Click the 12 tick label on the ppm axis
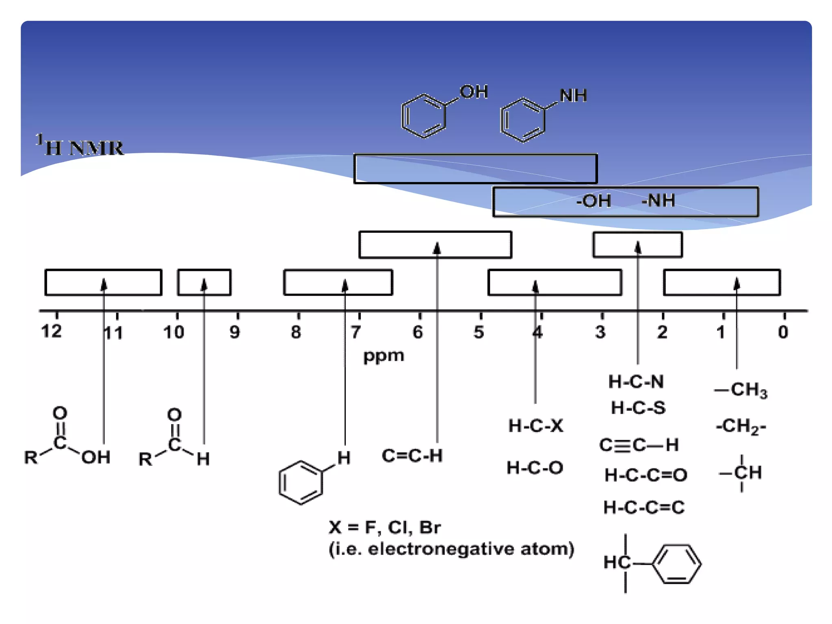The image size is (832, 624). click(x=52, y=331)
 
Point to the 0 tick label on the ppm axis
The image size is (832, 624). click(x=783, y=332)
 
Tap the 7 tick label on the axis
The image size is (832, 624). click(x=356, y=332)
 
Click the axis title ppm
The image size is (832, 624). click(x=383, y=356)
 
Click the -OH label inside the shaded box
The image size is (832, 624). click(x=593, y=201)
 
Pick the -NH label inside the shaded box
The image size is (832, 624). click(x=658, y=201)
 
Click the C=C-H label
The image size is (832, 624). click(x=412, y=456)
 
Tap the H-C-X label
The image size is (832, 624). click(x=536, y=426)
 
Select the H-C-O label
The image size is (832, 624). click(x=535, y=468)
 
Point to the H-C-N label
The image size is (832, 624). click(x=636, y=382)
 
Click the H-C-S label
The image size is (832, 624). click(x=638, y=408)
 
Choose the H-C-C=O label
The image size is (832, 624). click(x=646, y=475)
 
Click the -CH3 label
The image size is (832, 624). click(x=741, y=390)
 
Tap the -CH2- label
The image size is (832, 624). click(x=741, y=427)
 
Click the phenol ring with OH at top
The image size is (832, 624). click(x=424, y=116)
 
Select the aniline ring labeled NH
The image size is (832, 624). click(x=522, y=120)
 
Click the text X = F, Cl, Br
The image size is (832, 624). click(x=384, y=527)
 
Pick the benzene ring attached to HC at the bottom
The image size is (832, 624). click(x=676, y=564)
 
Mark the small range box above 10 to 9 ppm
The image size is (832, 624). click(x=204, y=282)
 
